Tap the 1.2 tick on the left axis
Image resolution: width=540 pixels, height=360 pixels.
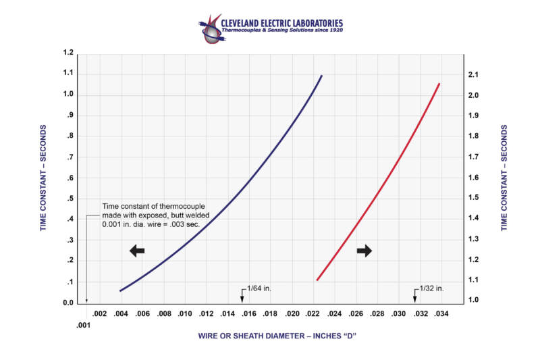pyautogui.click(x=67, y=52)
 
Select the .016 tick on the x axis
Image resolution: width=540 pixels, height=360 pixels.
pyautogui.click(x=250, y=314)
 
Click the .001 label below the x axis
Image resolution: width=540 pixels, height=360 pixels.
pyautogui.click(x=84, y=325)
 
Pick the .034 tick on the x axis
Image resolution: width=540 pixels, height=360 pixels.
pyautogui.click(x=441, y=314)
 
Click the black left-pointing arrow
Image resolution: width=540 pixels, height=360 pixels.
pyautogui.click(x=137, y=251)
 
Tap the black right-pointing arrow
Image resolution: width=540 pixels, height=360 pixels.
pyautogui.click(x=364, y=251)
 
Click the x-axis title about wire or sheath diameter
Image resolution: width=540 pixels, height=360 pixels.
pyautogui.click(x=277, y=336)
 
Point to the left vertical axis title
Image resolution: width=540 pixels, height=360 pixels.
pyautogui.click(x=44, y=178)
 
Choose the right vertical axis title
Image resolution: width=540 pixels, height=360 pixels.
pyautogui.click(x=505, y=178)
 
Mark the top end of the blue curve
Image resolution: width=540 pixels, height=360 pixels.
pyautogui.click(x=322, y=76)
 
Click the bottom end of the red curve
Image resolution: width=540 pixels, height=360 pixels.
pyautogui.click(x=317, y=280)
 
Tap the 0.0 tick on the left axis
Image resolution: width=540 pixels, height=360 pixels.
pyautogui.click(x=67, y=303)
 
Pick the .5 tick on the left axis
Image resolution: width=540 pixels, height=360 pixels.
pyautogui.click(x=70, y=199)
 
